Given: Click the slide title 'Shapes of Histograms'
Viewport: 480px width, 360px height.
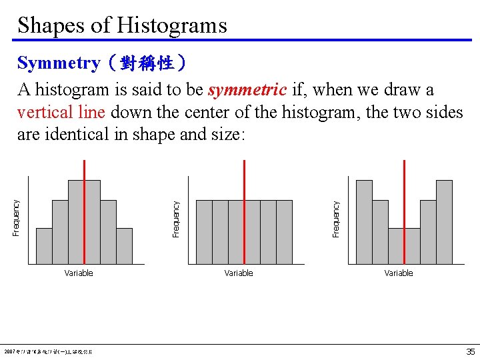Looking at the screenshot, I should (x=122, y=25).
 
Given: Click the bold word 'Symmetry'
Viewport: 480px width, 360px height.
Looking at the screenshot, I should (x=59, y=63).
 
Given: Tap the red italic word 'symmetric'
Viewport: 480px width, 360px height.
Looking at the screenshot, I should (x=247, y=89).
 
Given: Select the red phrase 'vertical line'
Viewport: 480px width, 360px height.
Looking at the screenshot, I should (x=61, y=112).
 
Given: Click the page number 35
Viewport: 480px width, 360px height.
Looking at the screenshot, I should (x=470, y=351).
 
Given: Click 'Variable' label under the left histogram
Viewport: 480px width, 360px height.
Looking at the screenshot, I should (x=79, y=273).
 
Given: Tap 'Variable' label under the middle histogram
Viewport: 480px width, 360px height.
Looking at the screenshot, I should (x=239, y=273).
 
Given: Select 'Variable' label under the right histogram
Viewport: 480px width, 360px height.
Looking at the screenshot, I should (x=399, y=273).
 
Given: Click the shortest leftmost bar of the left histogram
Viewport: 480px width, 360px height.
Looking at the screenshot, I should (x=44, y=246).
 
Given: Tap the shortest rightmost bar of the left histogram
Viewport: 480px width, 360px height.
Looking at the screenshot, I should (x=124, y=246).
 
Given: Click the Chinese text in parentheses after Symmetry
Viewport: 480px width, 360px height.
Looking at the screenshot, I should (x=145, y=64).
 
